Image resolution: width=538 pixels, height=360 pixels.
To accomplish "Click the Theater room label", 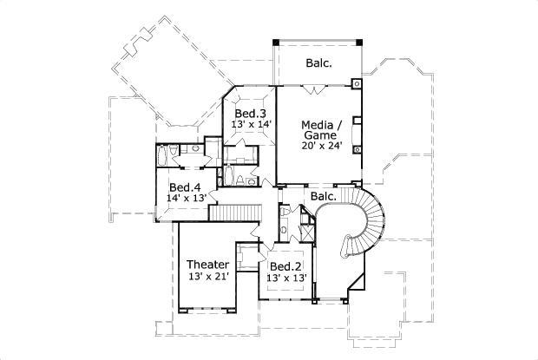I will pyautogui.click(x=208, y=265).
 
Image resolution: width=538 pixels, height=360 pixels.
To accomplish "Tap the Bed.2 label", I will pyautogui.click(x=285, y=266).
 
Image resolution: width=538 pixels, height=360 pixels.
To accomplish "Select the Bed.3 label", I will pyautogui.click(x=251, y=114).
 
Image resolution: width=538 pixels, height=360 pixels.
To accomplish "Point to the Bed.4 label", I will pyautogui.click(x=185, y=187).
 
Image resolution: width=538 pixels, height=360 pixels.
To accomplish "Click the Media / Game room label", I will pyautogui.click(x=321, y=129).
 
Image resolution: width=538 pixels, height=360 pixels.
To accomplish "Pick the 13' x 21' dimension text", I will pyautogui.click(x=208, y=277).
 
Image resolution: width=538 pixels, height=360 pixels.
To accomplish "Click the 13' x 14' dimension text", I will pyautogui.click(x=252, y=126).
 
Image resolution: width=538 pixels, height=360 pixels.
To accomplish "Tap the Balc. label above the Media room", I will pyautogui.click(x=320, y=63).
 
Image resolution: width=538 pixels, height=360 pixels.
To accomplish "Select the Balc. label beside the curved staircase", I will pyautogui.click(x=324, y=197).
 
